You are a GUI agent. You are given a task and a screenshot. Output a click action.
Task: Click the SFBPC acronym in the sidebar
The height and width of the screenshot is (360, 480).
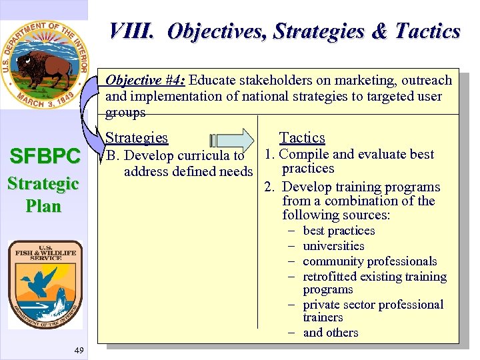tap(44, 157)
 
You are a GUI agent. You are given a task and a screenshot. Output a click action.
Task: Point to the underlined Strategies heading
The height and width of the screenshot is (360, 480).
tap(137, 138)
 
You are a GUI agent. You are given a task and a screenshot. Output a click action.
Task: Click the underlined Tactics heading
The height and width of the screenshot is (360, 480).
tap(302, 138)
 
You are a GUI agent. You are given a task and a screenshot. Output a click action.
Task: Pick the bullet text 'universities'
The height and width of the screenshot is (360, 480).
tap(333, 246)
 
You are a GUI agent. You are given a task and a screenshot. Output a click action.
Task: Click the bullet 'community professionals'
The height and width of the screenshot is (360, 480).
tap(369, 261)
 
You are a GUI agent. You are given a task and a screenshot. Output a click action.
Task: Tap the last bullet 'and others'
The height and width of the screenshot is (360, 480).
tap(331, 333)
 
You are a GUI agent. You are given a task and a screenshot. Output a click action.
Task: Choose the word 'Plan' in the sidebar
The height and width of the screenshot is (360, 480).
tap(44, 206)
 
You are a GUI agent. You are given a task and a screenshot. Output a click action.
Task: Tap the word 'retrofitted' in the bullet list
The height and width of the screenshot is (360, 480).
tap(332, 277)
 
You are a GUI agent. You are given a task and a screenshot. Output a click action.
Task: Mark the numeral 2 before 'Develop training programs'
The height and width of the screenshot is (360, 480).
tap(269, 187)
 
